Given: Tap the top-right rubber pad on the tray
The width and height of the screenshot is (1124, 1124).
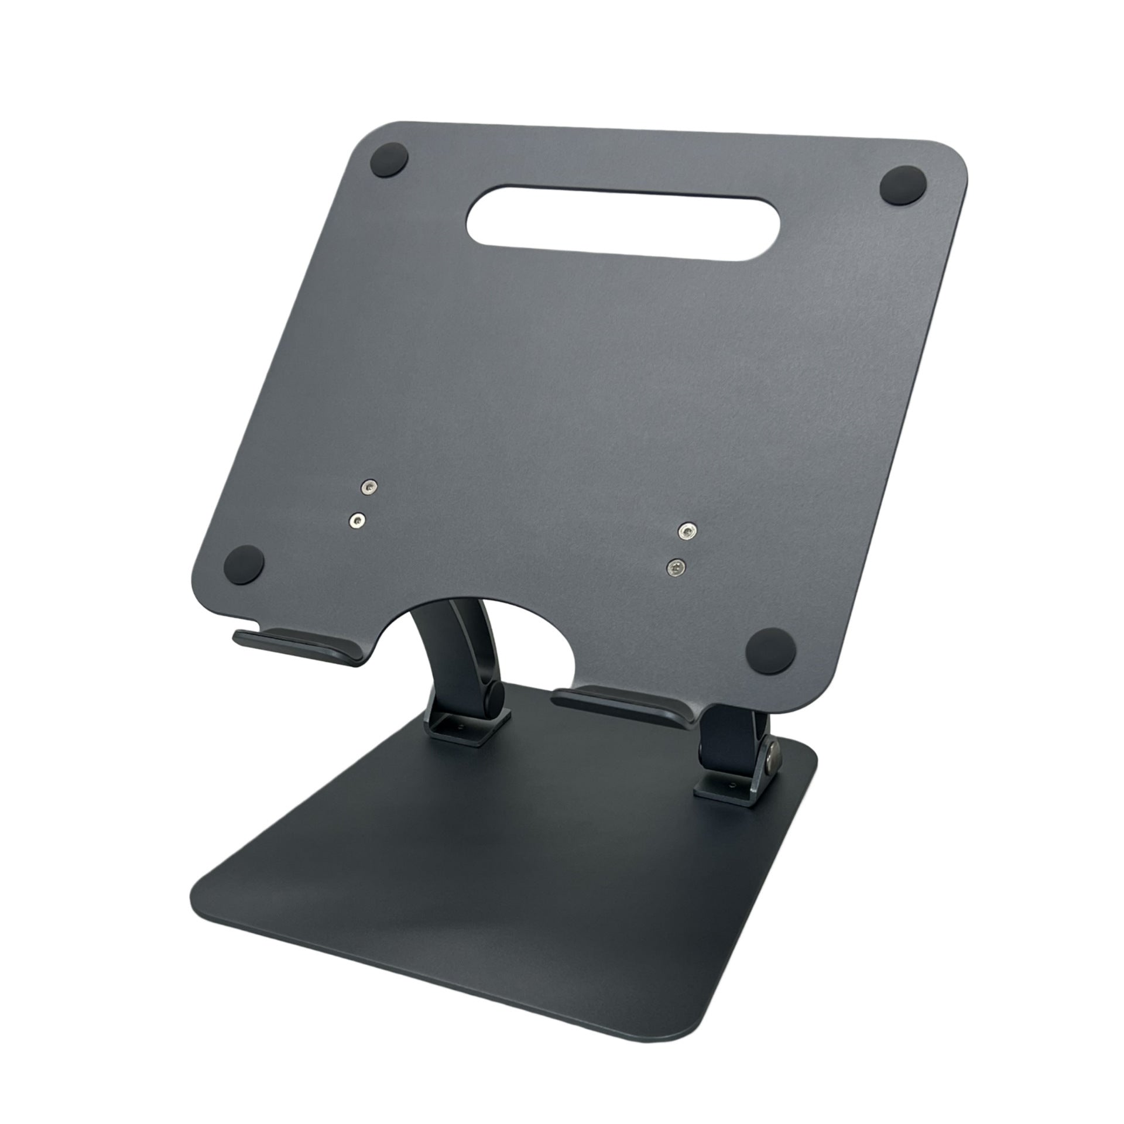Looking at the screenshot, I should [x=903, y=184].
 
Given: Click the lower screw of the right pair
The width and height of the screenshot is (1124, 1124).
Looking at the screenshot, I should [x=677, y=565].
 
